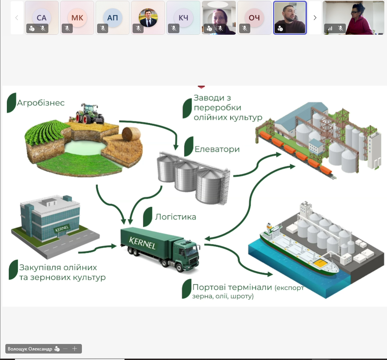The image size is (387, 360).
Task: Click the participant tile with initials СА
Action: (42, 18)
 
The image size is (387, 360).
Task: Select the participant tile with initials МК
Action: (77, 18)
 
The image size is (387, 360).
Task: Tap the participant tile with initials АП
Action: (112, 18)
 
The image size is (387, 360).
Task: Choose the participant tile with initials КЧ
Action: (183, 18)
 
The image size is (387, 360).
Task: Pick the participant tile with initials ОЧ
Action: (254, 18)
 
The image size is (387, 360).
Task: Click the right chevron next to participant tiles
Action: (315, 18)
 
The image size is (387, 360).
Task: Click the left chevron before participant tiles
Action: (17, 18)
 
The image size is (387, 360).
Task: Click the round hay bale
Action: (131, 134)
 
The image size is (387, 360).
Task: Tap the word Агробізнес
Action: (41, 103)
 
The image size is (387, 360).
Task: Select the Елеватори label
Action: (217, 149)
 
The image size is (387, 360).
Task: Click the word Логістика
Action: (176, 217)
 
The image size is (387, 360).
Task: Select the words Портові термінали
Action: (232, 288)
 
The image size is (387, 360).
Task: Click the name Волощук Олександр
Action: (30, 349)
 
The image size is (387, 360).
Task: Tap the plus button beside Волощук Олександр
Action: (75, 349)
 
